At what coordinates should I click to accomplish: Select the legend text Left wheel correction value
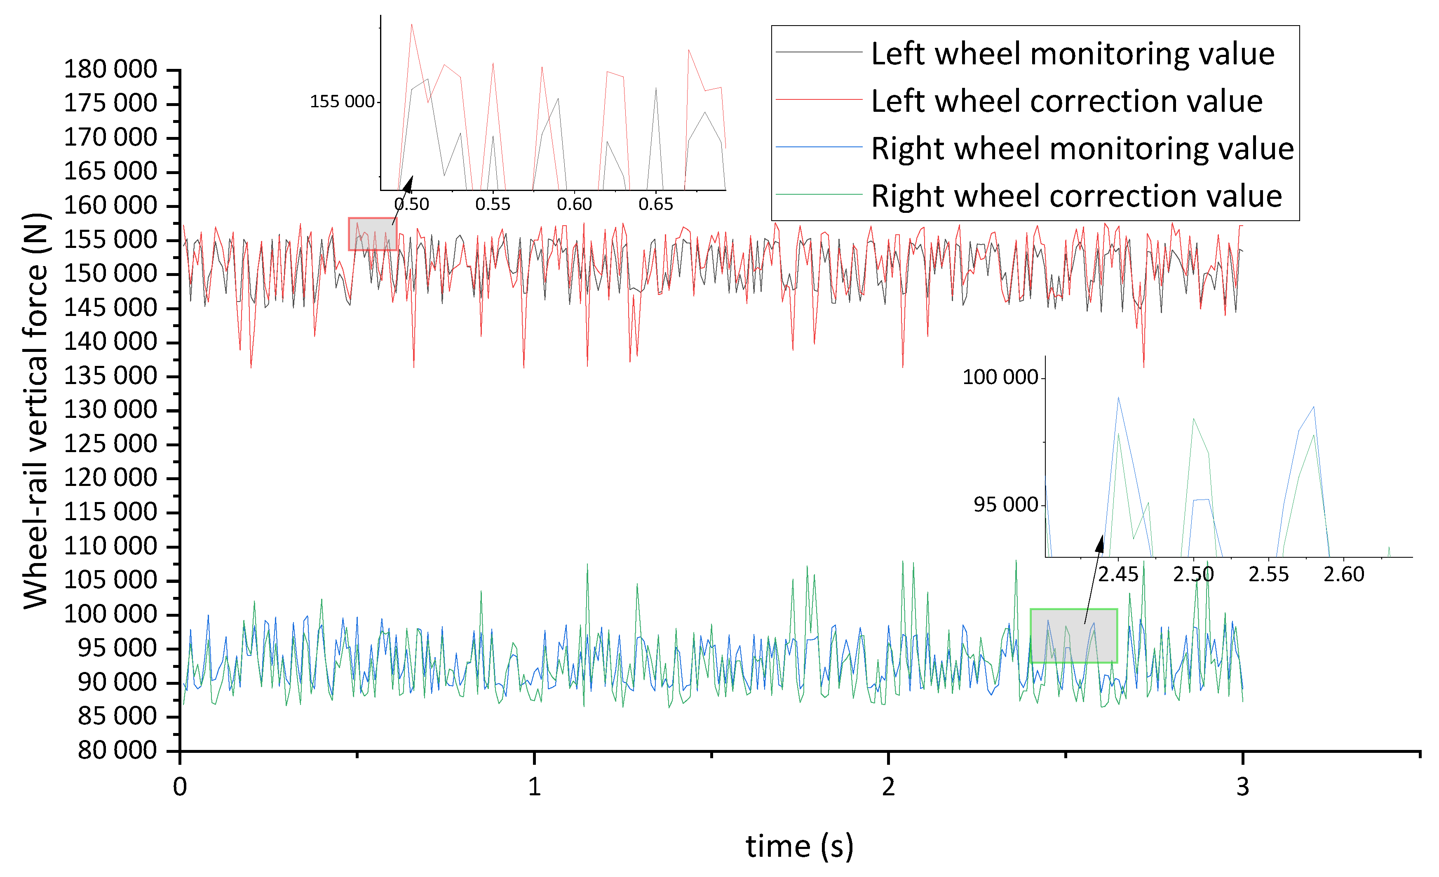point(1066,101)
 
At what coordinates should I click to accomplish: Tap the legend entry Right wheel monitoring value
point(1082,149)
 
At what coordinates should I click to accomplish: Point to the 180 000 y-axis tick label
point(110,70)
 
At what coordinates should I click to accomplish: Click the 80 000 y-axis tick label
point(117,750)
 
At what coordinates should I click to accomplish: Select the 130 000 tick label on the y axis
point(110,410)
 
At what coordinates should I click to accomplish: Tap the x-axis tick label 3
point(1242,787)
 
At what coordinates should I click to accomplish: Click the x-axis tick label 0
point(180,787)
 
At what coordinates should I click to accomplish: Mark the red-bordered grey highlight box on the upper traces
point(373,234)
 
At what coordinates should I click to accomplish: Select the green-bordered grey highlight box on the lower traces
point(1073,636)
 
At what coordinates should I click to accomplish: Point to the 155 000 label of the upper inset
point(342,101)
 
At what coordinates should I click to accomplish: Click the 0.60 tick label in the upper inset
point(574,205)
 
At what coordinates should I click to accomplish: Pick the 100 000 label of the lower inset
point(1000,377)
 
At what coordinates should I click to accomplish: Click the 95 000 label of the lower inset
point(1005,505)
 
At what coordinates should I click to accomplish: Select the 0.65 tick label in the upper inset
point(656,205)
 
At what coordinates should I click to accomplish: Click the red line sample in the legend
point(819,100)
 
